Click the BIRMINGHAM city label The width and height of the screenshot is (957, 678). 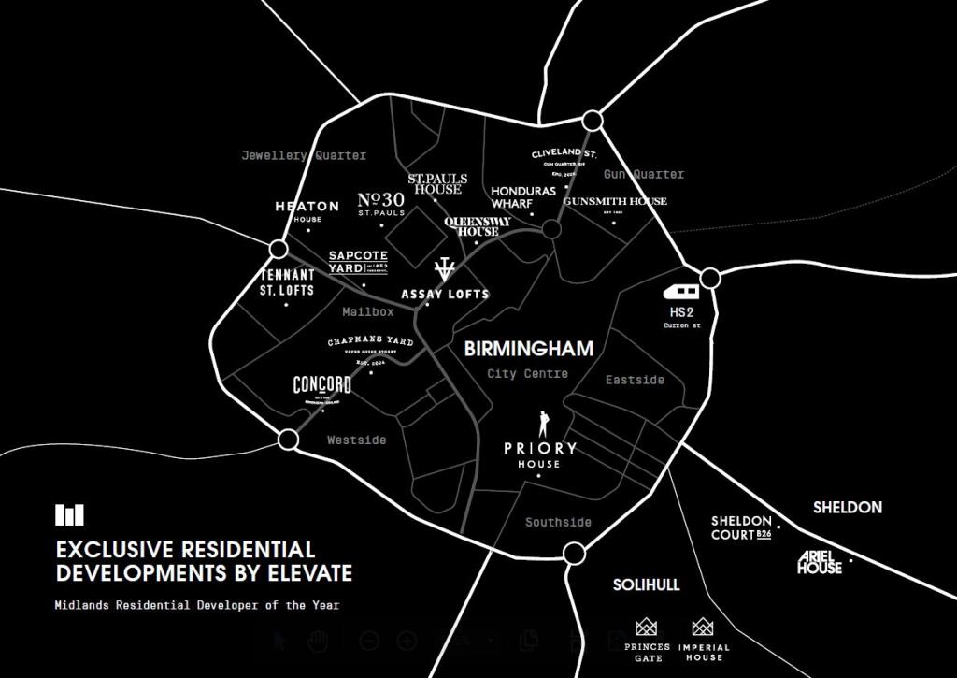(x=529, y=349)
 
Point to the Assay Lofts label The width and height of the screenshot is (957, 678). (x=445, y=294)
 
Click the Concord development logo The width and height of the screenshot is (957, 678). (x=321, y=385)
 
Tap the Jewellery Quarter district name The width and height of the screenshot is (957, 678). (x=304, y=155)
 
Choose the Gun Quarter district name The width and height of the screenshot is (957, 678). (x=643, y=174)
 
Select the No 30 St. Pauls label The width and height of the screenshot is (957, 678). (x=381, y=203)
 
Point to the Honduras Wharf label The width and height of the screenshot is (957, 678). (x=523, y=196)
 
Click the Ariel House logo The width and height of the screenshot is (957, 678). (x=820, y=562)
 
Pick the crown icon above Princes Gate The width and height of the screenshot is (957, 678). (x=647, y=627)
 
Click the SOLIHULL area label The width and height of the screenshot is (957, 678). (x=646, y=584)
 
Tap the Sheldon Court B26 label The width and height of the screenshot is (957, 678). (x=742, y=527)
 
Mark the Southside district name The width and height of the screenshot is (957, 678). (x=558, y=522)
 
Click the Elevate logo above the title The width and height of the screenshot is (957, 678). (x=69, y=514)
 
